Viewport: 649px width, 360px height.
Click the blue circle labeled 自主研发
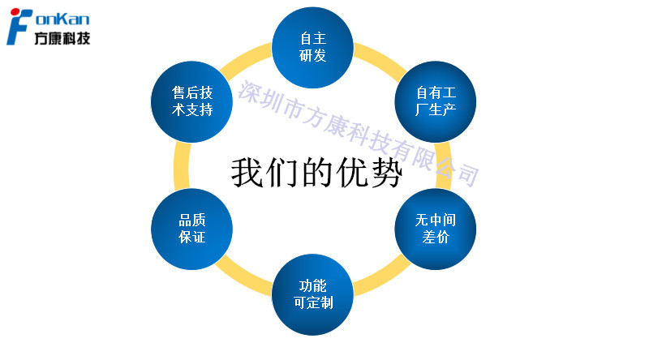click(312, 48)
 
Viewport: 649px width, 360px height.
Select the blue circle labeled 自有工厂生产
click(436, 103)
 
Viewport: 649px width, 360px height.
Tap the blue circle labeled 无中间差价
click(436, 229)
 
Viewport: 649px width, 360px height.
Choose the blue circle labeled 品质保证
click(192, 229)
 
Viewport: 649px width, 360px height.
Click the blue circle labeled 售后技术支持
click(192, 101)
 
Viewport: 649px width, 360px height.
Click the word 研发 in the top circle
click(312, 57)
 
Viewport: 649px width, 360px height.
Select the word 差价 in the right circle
click(436, 238)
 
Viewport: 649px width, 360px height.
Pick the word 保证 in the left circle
click(192, 238)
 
